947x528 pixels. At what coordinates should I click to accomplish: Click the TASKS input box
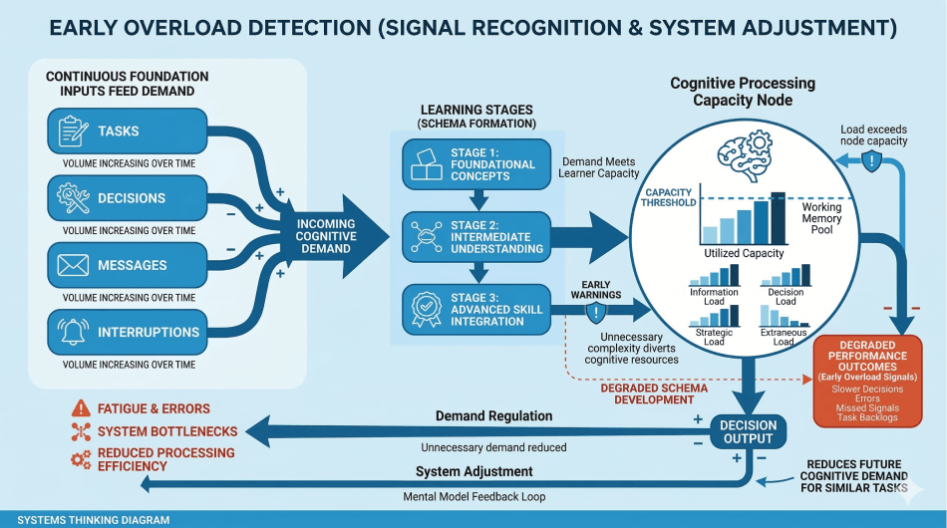pos(127,132)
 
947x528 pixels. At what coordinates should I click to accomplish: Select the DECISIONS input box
pos(127,198)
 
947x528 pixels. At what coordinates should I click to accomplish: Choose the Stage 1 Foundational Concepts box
pos(474,164)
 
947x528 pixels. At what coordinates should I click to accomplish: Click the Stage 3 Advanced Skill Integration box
pos(474,310)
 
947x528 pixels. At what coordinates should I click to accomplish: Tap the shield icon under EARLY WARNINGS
pos(596,313)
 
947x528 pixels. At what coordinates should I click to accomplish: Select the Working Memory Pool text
pos(821,219)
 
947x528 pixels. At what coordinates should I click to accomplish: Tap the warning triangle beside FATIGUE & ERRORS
pos(81,408)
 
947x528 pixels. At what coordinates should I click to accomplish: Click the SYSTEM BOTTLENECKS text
pos(167,431)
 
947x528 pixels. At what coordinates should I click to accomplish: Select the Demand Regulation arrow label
pos(493,415)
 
